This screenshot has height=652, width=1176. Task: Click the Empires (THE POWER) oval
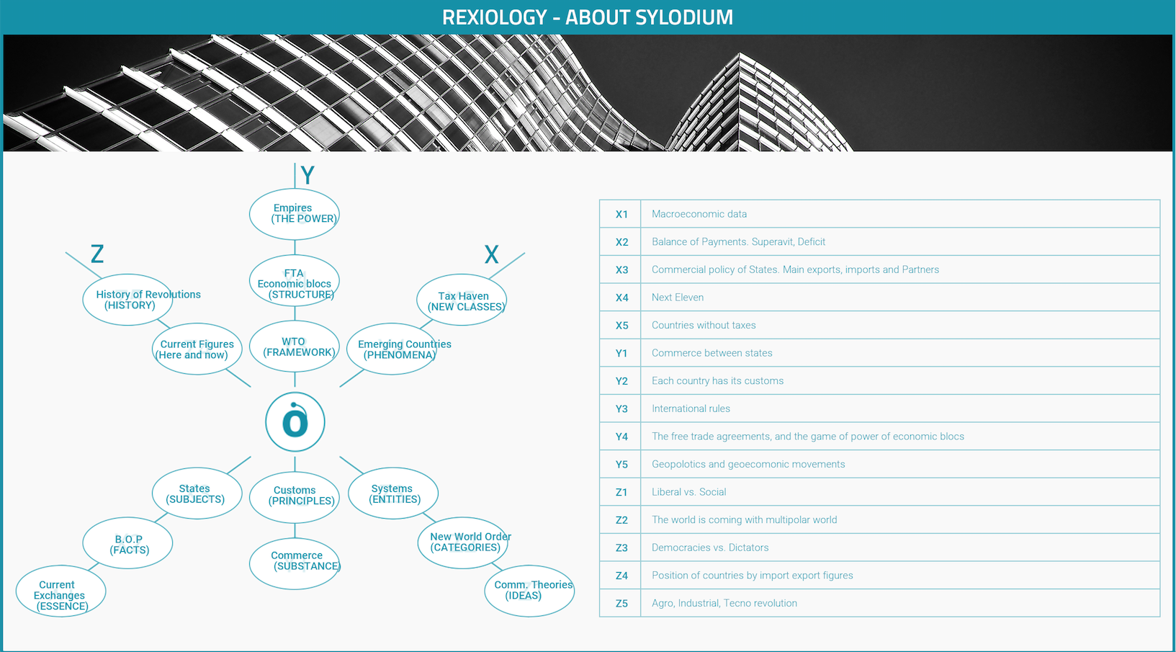click(x=294, y=214)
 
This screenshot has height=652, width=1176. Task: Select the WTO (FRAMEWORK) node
click(x=294, y=347)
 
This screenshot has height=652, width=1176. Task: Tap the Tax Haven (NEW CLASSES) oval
click(x=462, y=300)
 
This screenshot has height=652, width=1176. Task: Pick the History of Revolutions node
click(x=127, y=300)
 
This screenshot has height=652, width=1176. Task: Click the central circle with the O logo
click(x=295, y=422)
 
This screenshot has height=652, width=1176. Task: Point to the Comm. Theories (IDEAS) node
click(x=529, y=591)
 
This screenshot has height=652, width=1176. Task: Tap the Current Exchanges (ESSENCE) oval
click(x=61, y=591)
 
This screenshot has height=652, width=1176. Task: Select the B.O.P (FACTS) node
click(x=127, y=542)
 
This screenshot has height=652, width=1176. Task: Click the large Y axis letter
click(x=308, y=175)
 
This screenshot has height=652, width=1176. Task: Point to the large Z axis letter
click(x=97, y=254)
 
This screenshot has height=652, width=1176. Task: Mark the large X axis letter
click(x=491, y=255)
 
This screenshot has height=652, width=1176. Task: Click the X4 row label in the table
click(x=621, y=298)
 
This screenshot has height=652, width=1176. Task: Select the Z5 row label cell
click(x=621, y=603)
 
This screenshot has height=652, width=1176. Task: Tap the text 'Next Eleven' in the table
click(x=677, y=298)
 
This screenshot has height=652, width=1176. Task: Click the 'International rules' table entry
click(x=691, y=408)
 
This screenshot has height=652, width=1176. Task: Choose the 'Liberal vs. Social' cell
click(x=688, y=492)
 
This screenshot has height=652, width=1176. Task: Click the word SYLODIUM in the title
click(x=683, y=17)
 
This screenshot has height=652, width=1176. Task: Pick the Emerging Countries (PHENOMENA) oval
click(x=392, y=349)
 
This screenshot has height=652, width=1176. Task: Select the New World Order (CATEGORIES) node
click(x=462, y=542)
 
